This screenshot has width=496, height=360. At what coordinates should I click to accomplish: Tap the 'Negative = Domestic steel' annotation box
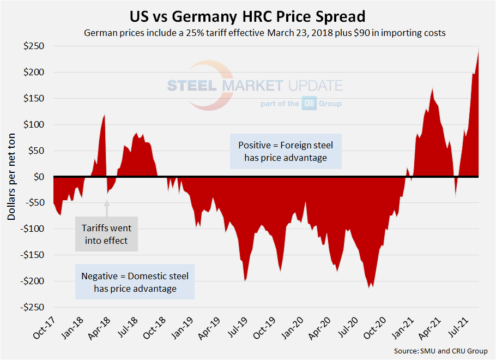(135, 282)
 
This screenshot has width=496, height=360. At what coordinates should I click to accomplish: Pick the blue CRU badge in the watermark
(310, 103)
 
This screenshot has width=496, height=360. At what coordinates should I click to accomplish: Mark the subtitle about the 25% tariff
(265, 33)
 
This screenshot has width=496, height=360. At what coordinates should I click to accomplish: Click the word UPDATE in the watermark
(314, 86)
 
